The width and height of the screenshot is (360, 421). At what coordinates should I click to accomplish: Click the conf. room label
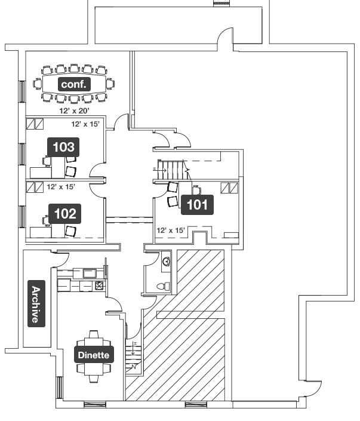[x=74, y=84]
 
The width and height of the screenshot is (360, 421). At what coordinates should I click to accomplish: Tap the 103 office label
[x=64, y=146]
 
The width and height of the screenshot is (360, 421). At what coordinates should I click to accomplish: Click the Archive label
[x=36, y=304]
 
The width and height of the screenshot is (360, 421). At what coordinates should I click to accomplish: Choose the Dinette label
[x=93, y=355]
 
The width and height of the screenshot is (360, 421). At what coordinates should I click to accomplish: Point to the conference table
[x=74, y=84]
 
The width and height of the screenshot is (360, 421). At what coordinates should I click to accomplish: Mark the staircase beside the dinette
[x=134, y=355]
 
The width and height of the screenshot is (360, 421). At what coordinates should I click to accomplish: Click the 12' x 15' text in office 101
[x=171, y=230]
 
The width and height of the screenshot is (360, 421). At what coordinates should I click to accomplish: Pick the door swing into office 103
[x=97, y=172]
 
